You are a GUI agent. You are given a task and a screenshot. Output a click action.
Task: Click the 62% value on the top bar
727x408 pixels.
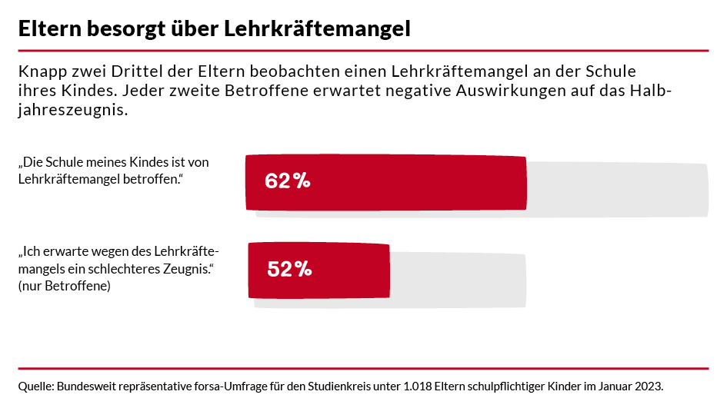coord(287,181)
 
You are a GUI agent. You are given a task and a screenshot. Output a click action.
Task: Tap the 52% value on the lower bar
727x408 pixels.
coord(289,269)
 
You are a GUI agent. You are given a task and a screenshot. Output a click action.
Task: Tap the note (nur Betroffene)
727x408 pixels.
coord(64,286)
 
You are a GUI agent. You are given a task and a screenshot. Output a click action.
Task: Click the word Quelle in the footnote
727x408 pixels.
coord(35,385)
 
